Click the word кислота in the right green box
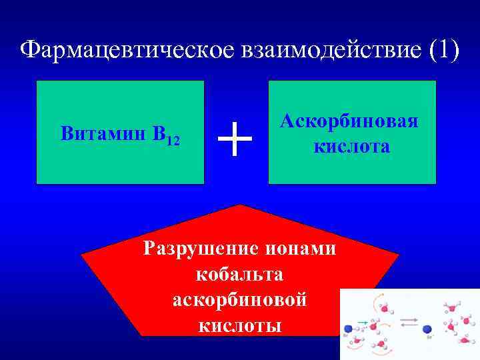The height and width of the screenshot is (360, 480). click(352, 146)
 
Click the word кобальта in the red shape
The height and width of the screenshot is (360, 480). click(240, 274)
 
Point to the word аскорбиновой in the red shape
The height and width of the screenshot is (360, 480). click(240, 299)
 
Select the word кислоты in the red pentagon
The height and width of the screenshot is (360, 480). click(240, 325)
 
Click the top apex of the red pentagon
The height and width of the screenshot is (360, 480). click(240, 205)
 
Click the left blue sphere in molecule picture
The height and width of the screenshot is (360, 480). click(348, 328)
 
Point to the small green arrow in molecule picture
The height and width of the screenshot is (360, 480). click(362, 322)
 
